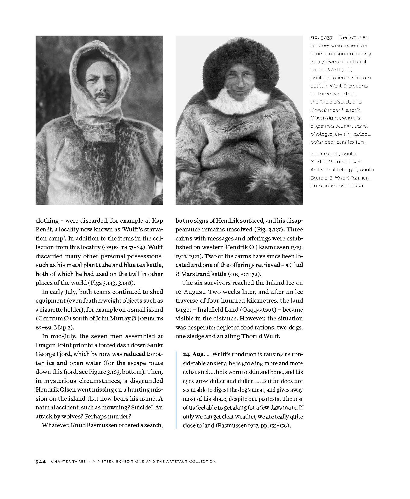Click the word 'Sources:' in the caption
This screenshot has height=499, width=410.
[x=320, y=154]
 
